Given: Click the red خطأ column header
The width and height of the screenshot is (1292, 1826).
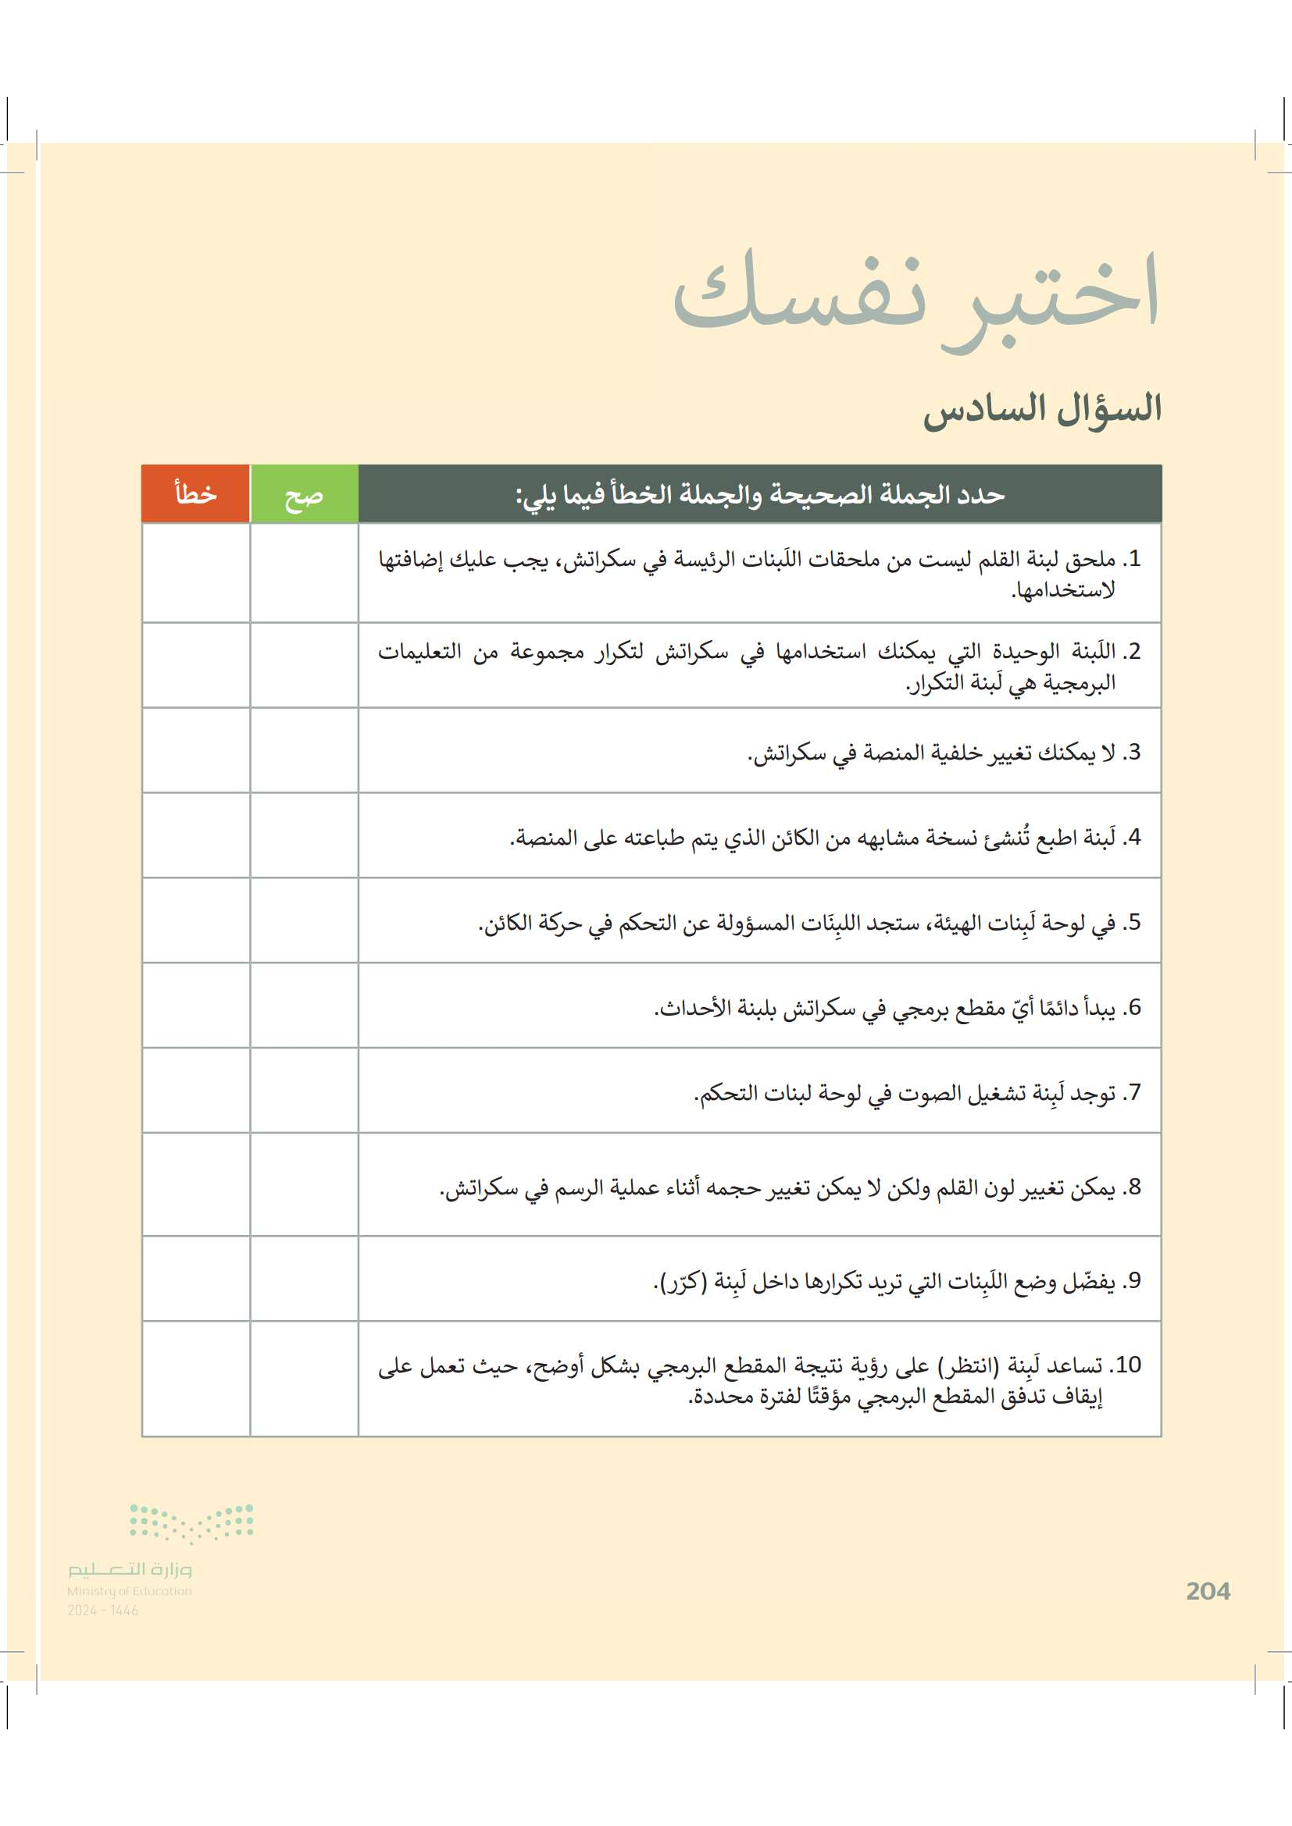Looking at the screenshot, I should (196, 494).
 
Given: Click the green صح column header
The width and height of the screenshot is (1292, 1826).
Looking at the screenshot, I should (304, 495).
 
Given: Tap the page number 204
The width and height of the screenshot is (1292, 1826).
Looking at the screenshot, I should (1207, 1590).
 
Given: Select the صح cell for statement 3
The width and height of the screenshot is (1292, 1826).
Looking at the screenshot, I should (304, 750).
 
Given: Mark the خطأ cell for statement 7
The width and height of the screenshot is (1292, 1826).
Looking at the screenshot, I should (196, 1091).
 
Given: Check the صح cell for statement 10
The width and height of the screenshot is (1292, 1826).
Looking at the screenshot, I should (304, 1379).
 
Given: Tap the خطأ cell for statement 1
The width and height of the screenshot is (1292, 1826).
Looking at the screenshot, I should (196, 572).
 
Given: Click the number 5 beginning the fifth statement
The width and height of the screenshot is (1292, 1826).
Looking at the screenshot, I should (1133, 922).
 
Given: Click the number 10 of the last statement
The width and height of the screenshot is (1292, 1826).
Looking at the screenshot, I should (1128, 1365).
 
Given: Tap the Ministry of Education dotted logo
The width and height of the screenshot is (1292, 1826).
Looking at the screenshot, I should (191, 1522).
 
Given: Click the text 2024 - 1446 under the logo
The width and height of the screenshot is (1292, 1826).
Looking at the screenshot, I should (102, 1611).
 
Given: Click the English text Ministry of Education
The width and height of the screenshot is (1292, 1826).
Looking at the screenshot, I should (129, 1590).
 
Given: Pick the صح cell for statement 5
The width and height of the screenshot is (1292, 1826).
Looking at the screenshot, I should (304, 920).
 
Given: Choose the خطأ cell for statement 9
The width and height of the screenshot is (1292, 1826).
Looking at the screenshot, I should (196, 1278).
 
